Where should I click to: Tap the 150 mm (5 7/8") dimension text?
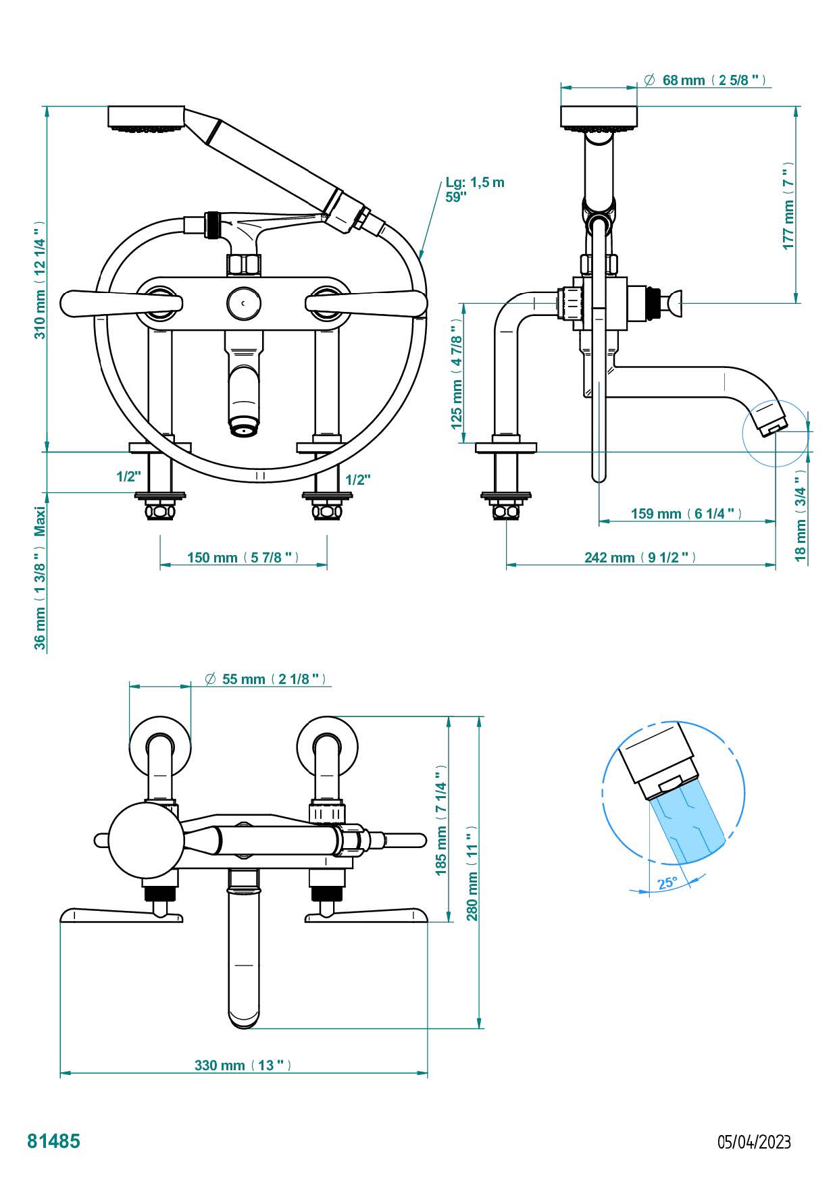pyautogui.click(x=243, y=557)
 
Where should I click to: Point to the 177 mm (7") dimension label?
pyautogui.click(x=789, y=205)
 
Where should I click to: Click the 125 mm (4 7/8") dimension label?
pyautogui.click(x=457, y=384)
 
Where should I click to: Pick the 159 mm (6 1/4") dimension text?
pyautogui.click(x=686, y=513)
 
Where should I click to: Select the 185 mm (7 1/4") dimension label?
pyautogui.click(x=441, y=820)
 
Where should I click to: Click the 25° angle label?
pyautogui.click(x=667, y=883)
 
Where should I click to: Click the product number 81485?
pyautogui.click(x=53, y=1140)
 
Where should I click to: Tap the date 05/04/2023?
pyautogui.click(x=753, y=1141)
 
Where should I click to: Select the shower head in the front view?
pyautogui.click(x=146, y=117)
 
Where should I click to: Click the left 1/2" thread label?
pyautogui.click(x=128, y=477)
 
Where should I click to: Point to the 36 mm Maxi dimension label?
pyautogui.click(x=41, y=579)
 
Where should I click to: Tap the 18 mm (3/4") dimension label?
pyautogui.click(x=801, y=524)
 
